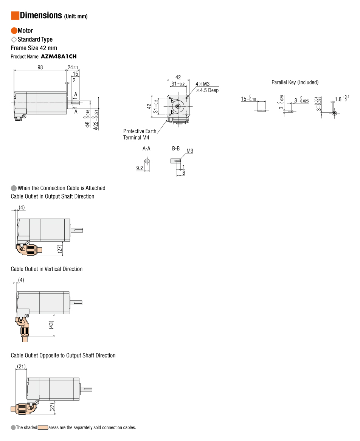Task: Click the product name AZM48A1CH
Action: click(x=59, y=56)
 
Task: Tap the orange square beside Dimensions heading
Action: click(x=15, y=16)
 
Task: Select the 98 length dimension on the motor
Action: click(x=40, y=67)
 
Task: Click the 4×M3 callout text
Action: click(x=203, y=84)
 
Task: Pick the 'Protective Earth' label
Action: click(x=140, y=131)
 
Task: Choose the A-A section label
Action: click(x=146, y=149)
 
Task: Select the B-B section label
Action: click(x=176, y=148)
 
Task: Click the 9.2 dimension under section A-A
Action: click(x=140, y=168)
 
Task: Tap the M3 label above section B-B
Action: click(x=190, y=151)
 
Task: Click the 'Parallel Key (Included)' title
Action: click(x=295, y=82)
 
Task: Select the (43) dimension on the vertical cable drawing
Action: click(x=51, y=325)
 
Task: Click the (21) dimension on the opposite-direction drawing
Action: click(x=22, y=366)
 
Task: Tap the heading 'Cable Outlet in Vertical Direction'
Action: click(x=47, y=269)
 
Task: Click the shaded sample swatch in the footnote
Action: click(x=43, y=427)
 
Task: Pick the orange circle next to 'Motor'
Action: click(x=14, y=31)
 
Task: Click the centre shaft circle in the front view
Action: click(x=178, y=106)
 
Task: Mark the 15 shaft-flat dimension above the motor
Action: click(x=75, y=74)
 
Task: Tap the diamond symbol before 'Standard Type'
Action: click(x=14, y=40)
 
